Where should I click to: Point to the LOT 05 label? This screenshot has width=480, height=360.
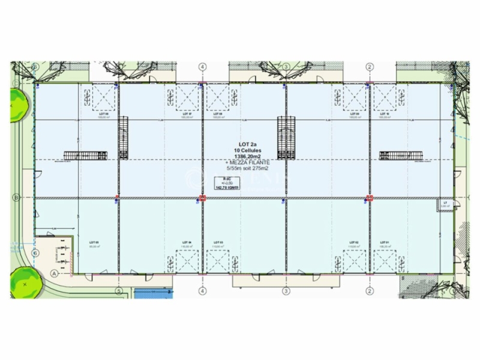point(93,242)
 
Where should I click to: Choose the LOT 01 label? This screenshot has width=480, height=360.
point(385,242)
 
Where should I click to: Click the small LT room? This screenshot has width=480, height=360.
point(445,205)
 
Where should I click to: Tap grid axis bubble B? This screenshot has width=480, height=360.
point(16,197)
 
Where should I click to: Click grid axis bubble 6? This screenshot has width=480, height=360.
point(35,253)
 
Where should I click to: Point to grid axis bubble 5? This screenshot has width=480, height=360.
point(119,292)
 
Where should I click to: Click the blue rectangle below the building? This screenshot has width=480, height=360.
point(152,293)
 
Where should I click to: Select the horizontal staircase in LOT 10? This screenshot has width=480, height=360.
point(400,155)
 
